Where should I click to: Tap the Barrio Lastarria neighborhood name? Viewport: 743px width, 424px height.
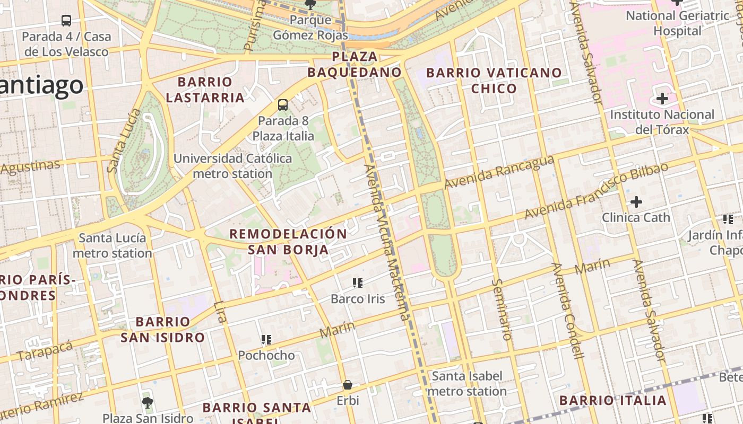(205, 90)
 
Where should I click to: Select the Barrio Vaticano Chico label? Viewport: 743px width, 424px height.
(494, 81)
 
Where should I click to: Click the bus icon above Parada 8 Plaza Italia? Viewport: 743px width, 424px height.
(283, 105)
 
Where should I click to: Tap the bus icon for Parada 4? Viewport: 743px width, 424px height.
(66, 21)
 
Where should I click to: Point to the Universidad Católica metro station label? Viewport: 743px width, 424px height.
(232, 166)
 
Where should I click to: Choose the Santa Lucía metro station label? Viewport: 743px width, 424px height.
(112, 245)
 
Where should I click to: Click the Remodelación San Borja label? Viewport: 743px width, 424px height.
(288, 242)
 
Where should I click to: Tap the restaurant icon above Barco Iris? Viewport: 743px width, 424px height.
(358, 283)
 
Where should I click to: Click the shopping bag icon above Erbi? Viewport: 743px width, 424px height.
(348, 385)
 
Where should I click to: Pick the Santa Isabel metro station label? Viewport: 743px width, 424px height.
(467, 384)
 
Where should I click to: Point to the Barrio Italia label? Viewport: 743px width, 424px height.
(613, 400)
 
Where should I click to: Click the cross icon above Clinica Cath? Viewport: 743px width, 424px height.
(636, 202)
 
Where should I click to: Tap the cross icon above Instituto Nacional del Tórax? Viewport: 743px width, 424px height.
(662, 99)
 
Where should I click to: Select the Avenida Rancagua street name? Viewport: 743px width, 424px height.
(499, 172)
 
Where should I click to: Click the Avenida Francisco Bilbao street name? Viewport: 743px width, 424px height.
(596, 191)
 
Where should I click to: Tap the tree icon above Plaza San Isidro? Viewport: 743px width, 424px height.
(148, 402)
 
